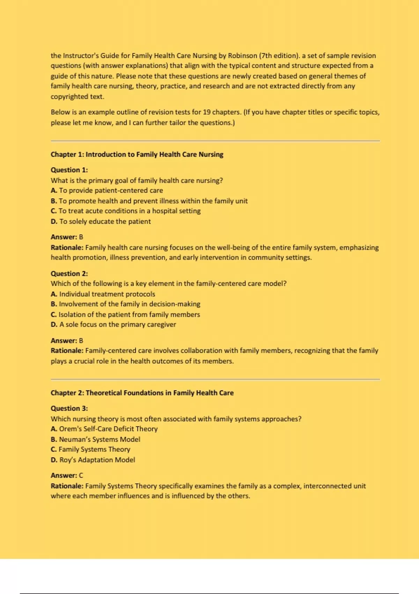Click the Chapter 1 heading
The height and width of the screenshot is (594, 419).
(137, 154)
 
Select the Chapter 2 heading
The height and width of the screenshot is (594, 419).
(142, 393)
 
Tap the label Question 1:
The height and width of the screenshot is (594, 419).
(69, 170)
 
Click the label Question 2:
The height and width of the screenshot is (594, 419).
(69, 274)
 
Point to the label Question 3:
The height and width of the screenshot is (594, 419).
(69, 408)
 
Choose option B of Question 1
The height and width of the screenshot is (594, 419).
(149, 201)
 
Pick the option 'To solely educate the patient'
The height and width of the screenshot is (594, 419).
(101, 222)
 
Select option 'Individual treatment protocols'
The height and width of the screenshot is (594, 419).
(103, 294)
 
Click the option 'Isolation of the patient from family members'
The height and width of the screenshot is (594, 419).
(125, 314)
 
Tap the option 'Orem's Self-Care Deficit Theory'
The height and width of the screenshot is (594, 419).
(104, 429)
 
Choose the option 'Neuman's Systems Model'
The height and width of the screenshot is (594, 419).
(96, 439)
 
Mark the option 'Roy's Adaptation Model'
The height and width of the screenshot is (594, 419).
(93, 460)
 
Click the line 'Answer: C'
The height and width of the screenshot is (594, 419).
(67, 476)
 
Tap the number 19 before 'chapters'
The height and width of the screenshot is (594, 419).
(207, 112)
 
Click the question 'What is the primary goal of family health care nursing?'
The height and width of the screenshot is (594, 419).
(137, 181)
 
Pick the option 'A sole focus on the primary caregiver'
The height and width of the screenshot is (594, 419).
(113, 325)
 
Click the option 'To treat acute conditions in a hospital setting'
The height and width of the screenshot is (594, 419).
(126, 211)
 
